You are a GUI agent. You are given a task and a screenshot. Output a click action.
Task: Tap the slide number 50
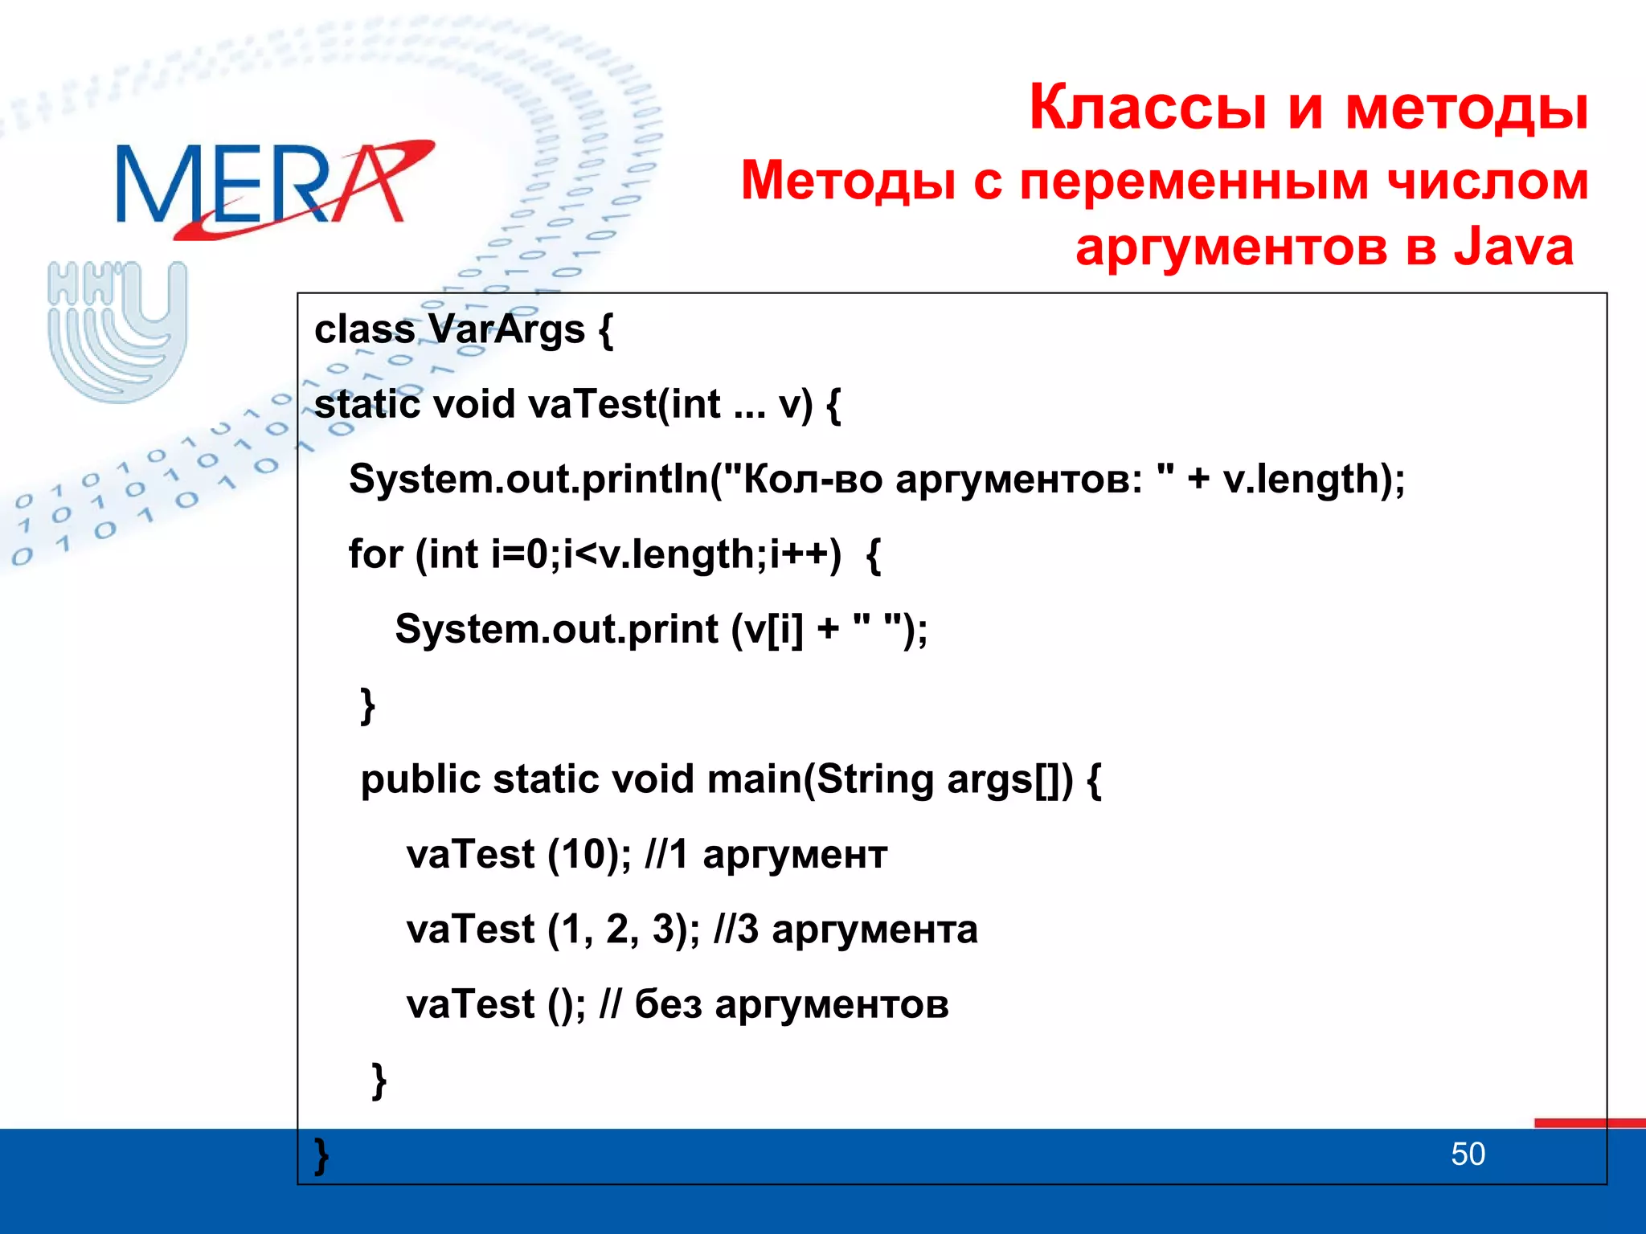pyautogui.click(x=1468, y=1154)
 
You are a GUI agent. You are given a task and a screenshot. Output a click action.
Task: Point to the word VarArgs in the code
pyautogui.click(x=506, y=329)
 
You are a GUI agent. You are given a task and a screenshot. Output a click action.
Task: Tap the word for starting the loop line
pyautogui.click(x=375, y=554)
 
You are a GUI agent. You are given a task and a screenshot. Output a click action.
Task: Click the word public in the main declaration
pyautogui.click(x=420, y=779)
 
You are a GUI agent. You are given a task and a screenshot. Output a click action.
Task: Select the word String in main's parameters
pyautogui.click(x=874, y=779)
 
